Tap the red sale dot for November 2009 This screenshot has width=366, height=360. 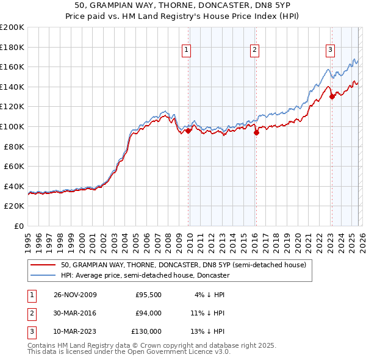(x=188, y=130)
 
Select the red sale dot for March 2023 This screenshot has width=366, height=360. (x=332, y=96)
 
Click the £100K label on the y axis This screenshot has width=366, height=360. (x=12, y=126)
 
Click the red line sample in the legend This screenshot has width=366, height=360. (x=43, y=265)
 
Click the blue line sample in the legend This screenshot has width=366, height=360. (x=43, y=275)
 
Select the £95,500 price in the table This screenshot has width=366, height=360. (x=148, y=295)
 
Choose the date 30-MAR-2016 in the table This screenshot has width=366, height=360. (x=75, y=313)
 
